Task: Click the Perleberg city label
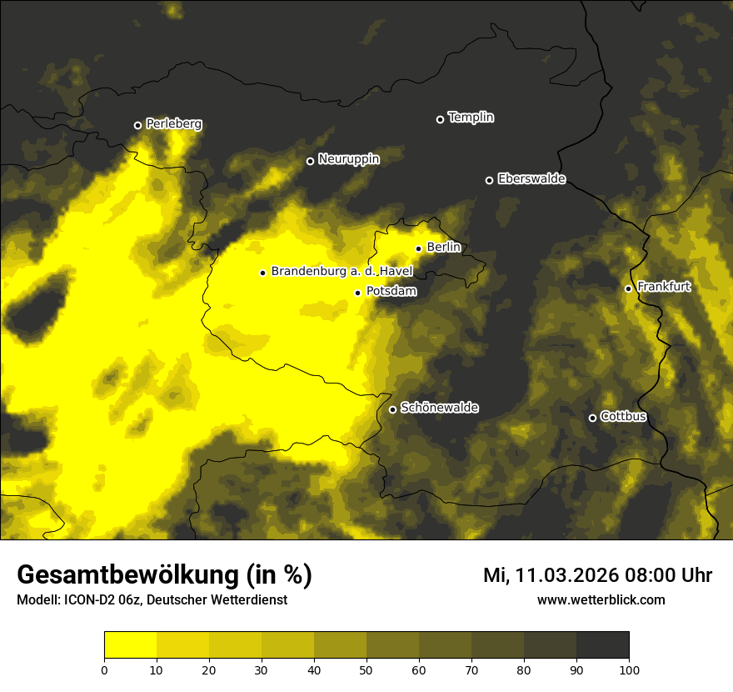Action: pos(173,124)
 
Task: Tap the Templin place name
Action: pos(471,118)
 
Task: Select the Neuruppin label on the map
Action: pos(348,159)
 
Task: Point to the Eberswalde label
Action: pos(531,178)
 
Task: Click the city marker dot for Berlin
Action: pos(418,248)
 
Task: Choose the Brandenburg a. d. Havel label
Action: pos(342,271)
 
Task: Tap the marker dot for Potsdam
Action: pos(357,293)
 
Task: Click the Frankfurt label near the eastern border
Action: pos(664,287)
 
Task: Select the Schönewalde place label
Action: pos(439,408)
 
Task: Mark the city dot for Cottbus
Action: pos(592,418)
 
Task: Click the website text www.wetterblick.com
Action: pos(601,599)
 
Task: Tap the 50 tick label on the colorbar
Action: pos(366,669)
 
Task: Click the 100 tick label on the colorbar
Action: pos(628,669)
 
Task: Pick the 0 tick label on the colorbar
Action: pos(104,669)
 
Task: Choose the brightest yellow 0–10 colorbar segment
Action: pos(130,645)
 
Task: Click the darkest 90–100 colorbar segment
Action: pos(602,645)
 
